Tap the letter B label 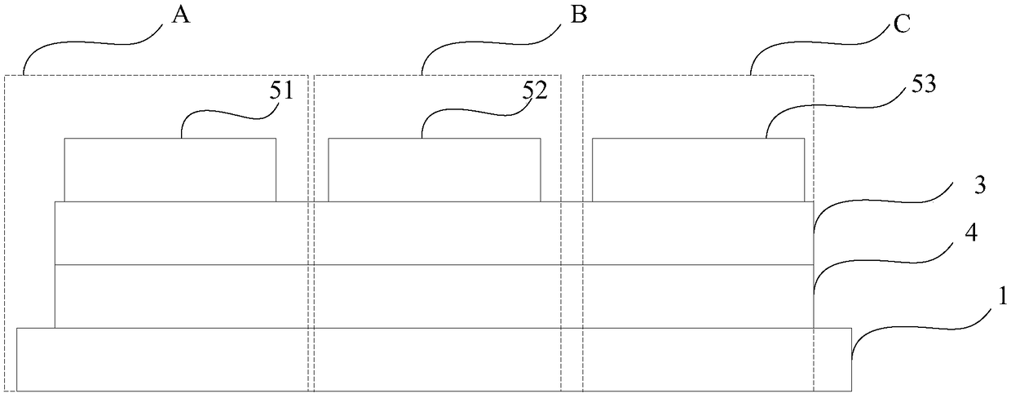coord(579,15)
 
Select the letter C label coord(902,24)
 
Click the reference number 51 coord(281,91)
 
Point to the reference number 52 coord(536,91)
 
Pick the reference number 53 coord(924,84)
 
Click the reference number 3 coord(979,186)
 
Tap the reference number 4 coord(971,233)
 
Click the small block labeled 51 coord(170,170)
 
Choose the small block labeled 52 coord(435,170)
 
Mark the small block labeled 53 coord(698,170)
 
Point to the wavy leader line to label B coord(492,43)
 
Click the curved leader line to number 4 coord(885,261)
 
